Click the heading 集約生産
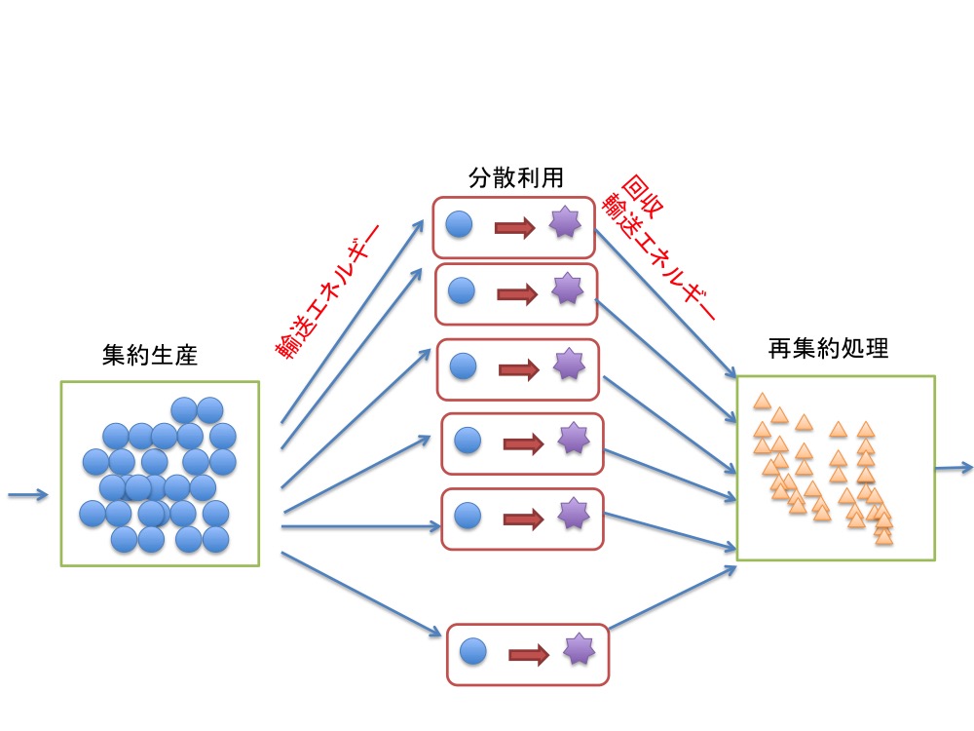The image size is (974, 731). tap(149, 354)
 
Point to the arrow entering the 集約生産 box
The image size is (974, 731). tap(27, 495)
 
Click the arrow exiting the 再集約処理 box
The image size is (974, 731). tap(954, 469)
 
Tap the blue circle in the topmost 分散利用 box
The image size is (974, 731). tap(459, 226)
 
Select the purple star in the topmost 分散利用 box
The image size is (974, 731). tap(564, 224)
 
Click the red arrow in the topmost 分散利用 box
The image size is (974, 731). tap(515, 229)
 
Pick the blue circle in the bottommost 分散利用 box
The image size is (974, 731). tap(472, 650)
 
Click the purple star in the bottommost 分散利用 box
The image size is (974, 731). tap(579, 648)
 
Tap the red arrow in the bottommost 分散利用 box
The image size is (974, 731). tap(529, 653)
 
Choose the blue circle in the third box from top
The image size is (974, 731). tap(464, 366)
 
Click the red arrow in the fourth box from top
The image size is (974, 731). tap(523, 444)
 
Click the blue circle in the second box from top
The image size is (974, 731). tap(461, 290)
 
